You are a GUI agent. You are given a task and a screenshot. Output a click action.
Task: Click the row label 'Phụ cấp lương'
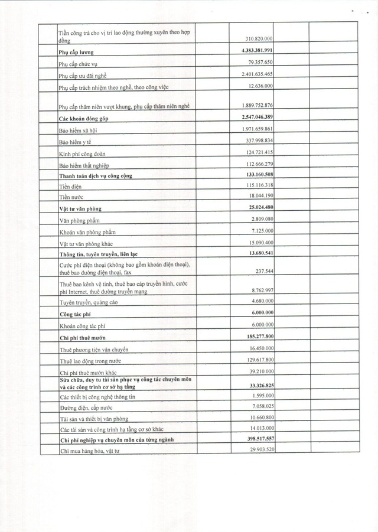(77, 53)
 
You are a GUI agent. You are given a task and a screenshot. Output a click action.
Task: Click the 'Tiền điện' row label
(70, 186)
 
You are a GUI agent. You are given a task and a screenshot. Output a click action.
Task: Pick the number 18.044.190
(261, 195)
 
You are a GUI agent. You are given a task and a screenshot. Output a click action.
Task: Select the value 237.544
(264, 271)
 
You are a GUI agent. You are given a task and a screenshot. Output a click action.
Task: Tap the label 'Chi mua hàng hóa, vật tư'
(90, 452)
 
